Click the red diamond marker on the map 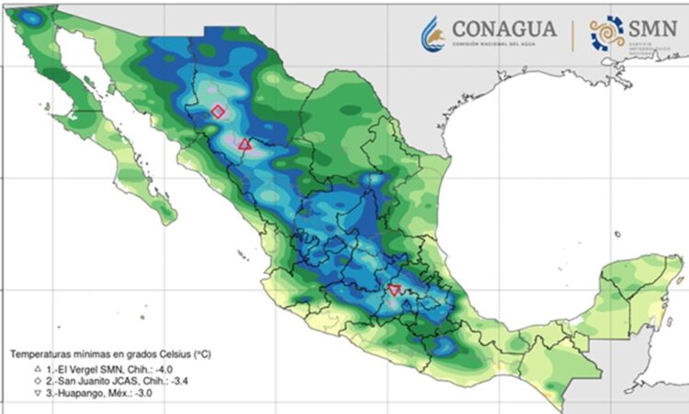tap(218, 111)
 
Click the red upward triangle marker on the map tap(244, 144)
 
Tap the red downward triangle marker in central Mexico tap(394, 290)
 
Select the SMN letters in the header tap(654, 28)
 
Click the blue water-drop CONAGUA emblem tap(431, 34)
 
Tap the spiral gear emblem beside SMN tap(607, 33)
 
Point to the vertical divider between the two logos tap(574, 34)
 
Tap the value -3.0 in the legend tap(143, 394)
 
